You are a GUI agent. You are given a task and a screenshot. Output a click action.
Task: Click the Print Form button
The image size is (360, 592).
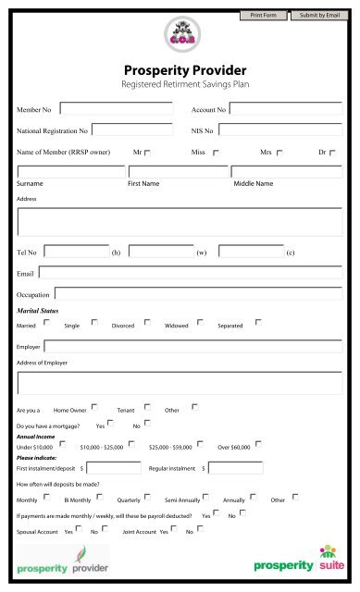click(263, 16)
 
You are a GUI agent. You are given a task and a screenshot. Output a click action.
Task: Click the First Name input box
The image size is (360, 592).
click(178, 171)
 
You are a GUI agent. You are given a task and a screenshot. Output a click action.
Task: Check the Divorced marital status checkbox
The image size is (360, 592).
click(147, 323)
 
